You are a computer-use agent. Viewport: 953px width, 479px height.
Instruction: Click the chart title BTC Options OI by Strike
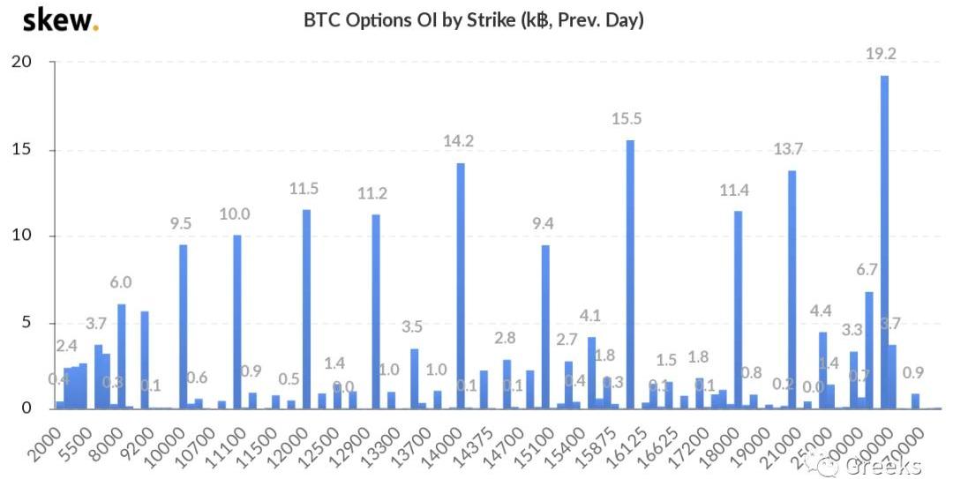point(473,19)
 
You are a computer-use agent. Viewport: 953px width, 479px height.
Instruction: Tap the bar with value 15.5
point(630,274)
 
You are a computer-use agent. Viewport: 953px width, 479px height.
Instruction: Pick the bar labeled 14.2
point(460,286)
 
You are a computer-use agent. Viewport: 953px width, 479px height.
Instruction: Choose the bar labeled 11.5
point(306,309)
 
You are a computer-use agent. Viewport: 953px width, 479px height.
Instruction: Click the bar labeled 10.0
point(236,321)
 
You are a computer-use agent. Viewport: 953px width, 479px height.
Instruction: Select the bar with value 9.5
point(183,326)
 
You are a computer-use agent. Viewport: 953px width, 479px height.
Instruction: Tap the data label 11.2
point(375,194)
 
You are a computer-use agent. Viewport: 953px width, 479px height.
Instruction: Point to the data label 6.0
point(121,282)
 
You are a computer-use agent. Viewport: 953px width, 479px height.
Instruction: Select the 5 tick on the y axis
point(26,323)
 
